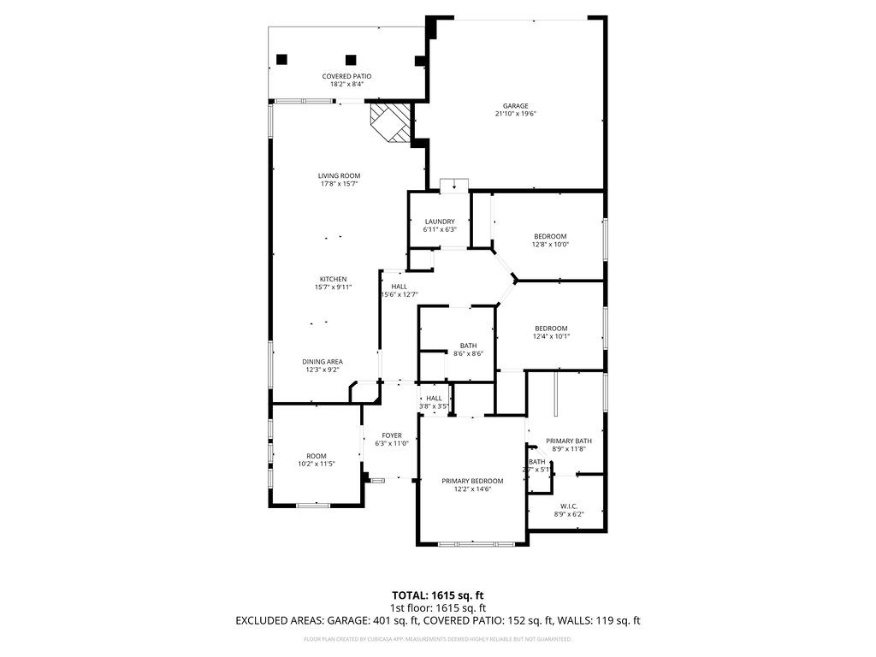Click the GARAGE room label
pyautogui.click(x=515, y=106)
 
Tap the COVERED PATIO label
pyautogui.click(x=346, y=76)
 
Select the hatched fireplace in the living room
pyautogui.click(x=389, y=122)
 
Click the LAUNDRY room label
pyautogui.click(x=440, y=222)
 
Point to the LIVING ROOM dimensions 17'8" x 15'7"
pyautogui.click(x=339, y=184)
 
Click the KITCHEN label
pyautogui.click(x=333, y=280)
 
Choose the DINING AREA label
pyautogui.click(x=322, y=362)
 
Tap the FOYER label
pyautogui.click(x=392, y=435)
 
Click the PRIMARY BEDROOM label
pyautogui.click(x=472, y=481)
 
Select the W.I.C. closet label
pyautogui.click(x=568, y=506)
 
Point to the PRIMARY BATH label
pyautogui.click(x=569, y=441)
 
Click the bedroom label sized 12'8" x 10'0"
pyautogui.click(x=550, y=236)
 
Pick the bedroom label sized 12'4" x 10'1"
pyautogui.click(x=551, y=328)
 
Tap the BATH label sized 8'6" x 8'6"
pyautogui.click(x=468, y=346)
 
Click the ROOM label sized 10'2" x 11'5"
pyautogui.click(x=316, y=456)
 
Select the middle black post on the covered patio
pyautogui.click(x=351, y=60)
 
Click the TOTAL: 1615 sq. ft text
pyautogui.click(x=437, y=595)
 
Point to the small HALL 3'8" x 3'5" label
pyautogui.click(x=435, y=398)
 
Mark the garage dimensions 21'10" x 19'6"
pyautogui.click(x=515, y=114)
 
